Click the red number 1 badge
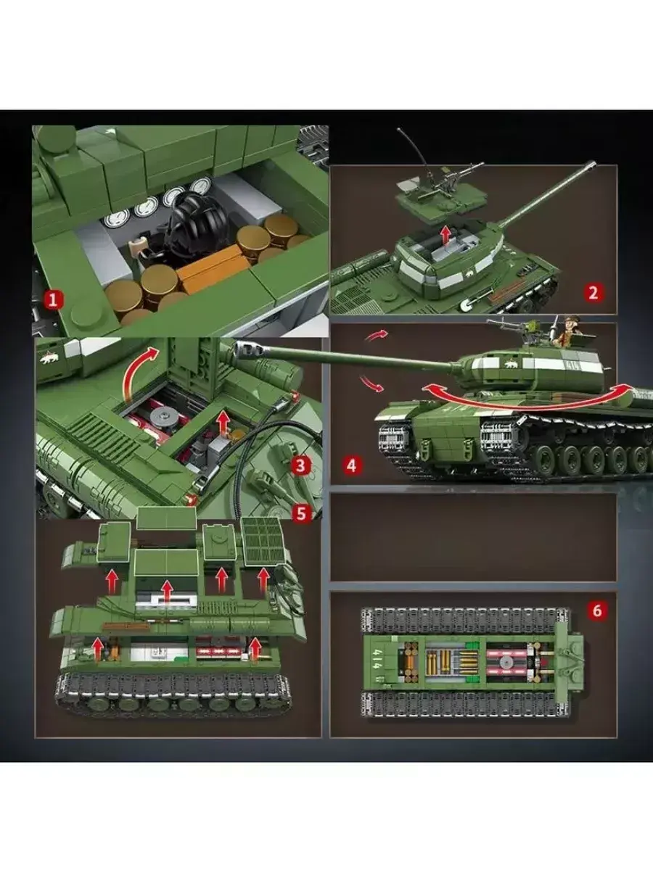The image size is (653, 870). click(54, 300)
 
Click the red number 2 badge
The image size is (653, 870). click(593, 293)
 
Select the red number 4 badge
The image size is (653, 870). click(352, 465)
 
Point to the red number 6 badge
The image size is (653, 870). click(596, 610)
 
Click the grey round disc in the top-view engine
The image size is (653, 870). click(506, 661)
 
